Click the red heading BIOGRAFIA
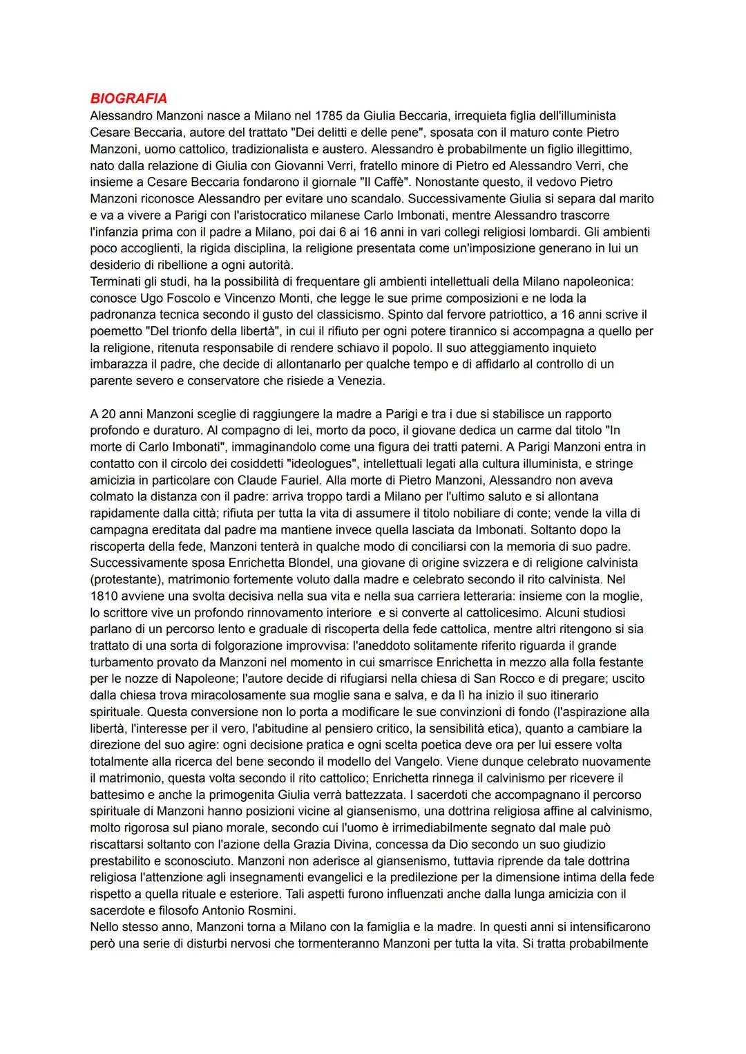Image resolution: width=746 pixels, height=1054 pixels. pos(128,99)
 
